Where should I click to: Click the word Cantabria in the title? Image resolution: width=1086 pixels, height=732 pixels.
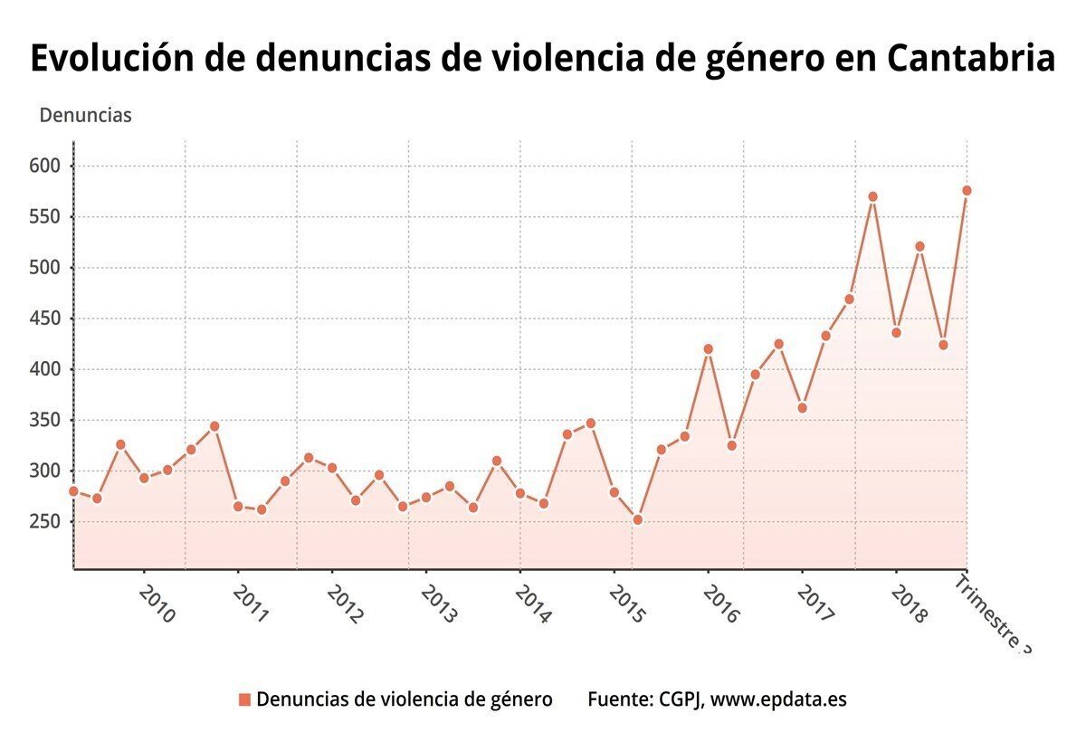pyautogui.click(x=970, y=59)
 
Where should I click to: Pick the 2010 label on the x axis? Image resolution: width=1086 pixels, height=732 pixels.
pyautogui.click(x=157, y=604)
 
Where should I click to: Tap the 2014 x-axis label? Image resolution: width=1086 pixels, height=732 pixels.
pyautogui.click(x=533, y=604)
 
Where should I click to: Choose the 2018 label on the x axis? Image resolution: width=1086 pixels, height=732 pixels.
pyautogui.click(x=908, y=604)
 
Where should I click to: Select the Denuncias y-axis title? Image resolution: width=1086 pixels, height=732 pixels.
pyautogui.click(x=85, y=116)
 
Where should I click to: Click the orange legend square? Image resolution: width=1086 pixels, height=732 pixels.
pyautogui.click(x=243, y=699)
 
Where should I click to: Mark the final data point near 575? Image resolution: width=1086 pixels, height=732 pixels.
pyautogui.click(x=967, y=190)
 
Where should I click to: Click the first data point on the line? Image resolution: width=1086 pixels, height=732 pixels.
pyautogui.click(x=73, y=491)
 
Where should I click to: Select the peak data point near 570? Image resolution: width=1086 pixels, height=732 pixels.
pyautogui.click(x=872, y=196)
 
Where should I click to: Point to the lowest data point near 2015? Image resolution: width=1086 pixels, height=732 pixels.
pyautogui.click(x=637, y=520)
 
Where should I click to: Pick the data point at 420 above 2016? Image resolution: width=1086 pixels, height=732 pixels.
pyautogui.click(x=708, y=348)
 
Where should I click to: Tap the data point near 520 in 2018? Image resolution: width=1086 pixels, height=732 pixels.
pyautogui.click(x=919, y=246)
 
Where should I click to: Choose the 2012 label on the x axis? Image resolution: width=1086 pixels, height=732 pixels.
pyautogui.click(x=345, y=604)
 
